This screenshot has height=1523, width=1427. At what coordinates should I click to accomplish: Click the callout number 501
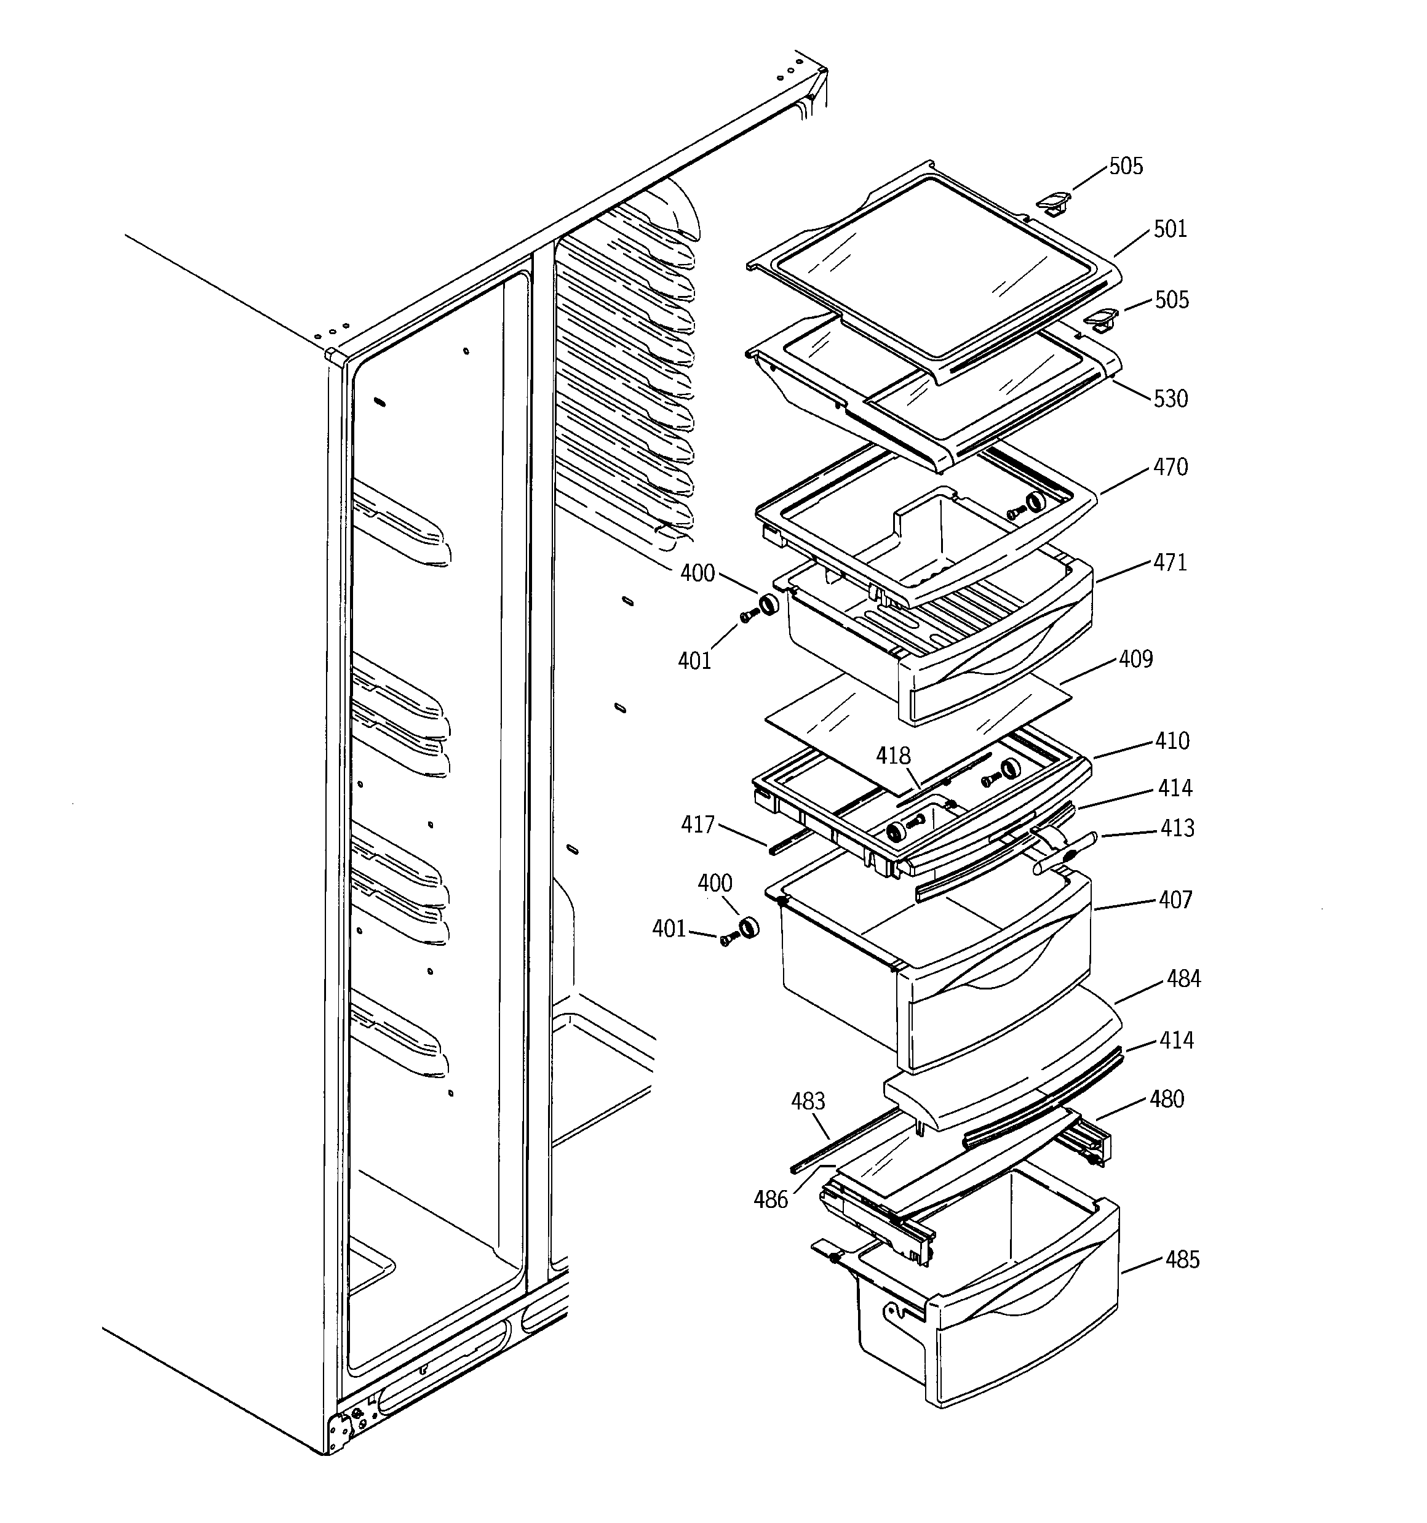[x=1170, y=230]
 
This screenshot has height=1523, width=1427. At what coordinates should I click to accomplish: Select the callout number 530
[x=1171, y=399]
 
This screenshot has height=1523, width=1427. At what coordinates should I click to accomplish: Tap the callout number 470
[x=1170, y=467]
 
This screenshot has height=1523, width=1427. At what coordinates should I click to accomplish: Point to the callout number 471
[x=1170, y=563]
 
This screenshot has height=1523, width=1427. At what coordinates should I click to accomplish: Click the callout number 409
[x=1135, y=660]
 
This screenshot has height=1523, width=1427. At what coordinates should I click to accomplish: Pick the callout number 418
[x=893, y=757]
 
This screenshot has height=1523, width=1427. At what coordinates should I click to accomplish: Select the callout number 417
[x=697, y=825]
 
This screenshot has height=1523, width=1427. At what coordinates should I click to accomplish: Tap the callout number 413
[x=1177, y=828]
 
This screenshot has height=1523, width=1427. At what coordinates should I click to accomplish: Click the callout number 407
[x=1175, y=900]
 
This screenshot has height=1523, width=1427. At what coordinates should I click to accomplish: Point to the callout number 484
[x=1183, y=979]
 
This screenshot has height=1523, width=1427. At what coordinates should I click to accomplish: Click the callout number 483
[x=808, y=1101]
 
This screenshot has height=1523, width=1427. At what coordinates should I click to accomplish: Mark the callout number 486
[x=771, y=1201]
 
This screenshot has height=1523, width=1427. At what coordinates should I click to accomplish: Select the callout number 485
[x=1182, y=1260]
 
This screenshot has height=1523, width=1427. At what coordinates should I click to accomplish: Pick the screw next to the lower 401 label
[x=727, y=940]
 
